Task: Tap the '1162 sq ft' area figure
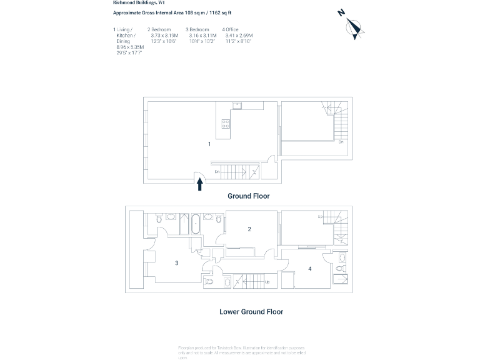tap(219, 12)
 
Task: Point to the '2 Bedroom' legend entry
tap(159, 29)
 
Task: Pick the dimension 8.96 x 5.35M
tap(130, 47)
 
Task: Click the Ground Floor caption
tap(248, 196)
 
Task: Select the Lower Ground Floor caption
tap(251, 311)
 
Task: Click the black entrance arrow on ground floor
tap(200, 184)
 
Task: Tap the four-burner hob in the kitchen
tap(226, 124)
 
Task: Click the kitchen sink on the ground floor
tap(237, 105)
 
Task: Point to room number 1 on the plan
tap(209, 144)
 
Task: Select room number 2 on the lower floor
tap(249, 229)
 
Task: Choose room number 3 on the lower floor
tap(177, 263)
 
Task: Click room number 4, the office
tap(309, 269)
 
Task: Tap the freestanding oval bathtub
tap(195, 222)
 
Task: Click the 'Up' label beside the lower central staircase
tap(267, 282)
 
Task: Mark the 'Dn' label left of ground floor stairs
tap(217, 171)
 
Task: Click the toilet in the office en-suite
tap(340, 269)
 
